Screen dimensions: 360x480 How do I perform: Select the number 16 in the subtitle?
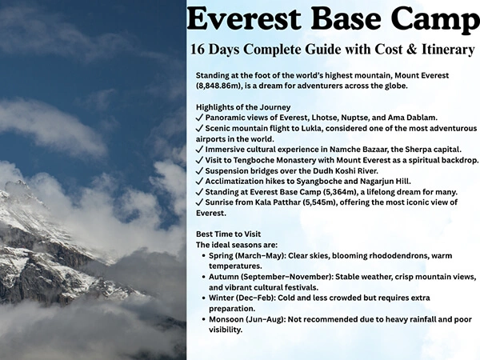pyautogui.click(x=201, y=50)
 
